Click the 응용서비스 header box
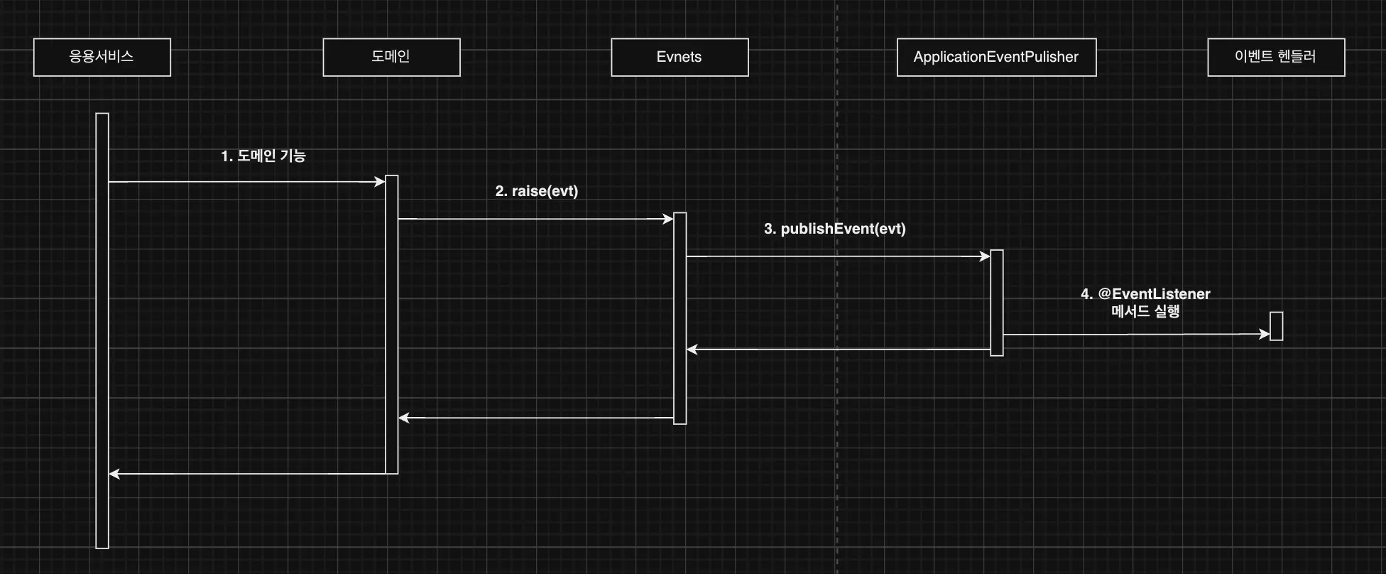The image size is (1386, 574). [x=102, y=57]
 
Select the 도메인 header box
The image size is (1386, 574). [x=391, y=57]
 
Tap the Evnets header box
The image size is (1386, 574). [x=680, y=57]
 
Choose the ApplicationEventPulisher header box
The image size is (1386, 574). [x=996, y=57]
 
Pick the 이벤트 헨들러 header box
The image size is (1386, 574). [x=1276, y=57]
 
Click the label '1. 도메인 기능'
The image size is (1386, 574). [x=263, y=156]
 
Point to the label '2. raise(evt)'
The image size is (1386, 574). [x=536, y=191]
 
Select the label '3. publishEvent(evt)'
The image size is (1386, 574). [x=834, y=229]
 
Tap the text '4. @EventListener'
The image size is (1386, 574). [x=1145, y=293]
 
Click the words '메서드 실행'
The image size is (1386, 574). [x=1145, y=311]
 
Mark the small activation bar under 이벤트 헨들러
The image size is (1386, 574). [x=1276, y=326]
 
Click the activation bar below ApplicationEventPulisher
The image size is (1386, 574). [x=997, y=303]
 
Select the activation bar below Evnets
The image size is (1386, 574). [x=680, y=318]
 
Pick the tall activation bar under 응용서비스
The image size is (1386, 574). [x=102, y=330]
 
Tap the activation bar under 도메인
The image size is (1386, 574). [x=391, y=324]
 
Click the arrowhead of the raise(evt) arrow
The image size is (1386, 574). [x=668, y=219]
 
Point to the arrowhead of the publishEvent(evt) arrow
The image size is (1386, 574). [x=985, y=256]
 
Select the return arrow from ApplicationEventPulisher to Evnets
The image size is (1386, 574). [x=838, y=350]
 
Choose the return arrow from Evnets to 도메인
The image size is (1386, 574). [x=536, y=418]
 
